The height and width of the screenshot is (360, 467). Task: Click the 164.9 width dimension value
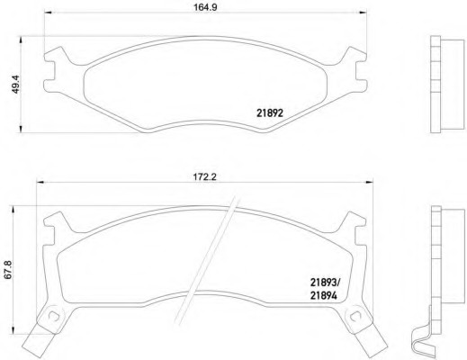[x=205, y=7]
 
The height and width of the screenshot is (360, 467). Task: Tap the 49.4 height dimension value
[x=15, y=85]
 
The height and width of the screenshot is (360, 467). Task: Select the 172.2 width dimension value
[x=204, y=177]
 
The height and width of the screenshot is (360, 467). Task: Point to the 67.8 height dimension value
[x=8, y=270]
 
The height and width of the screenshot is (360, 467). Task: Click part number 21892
[x=270, y=113]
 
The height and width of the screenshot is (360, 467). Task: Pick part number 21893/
[x=325, y=283]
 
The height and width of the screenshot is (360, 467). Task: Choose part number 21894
[x=324, y=296]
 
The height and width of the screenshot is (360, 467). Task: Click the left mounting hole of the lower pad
[x=54, y=316]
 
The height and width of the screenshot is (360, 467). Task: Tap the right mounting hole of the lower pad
[x=356, y=316]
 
